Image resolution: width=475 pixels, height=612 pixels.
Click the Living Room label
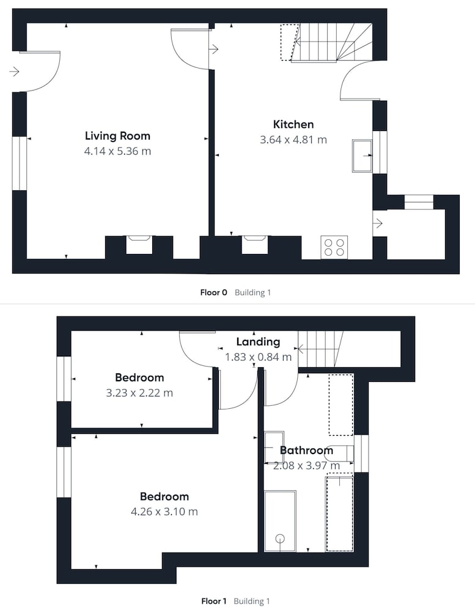[117, 136]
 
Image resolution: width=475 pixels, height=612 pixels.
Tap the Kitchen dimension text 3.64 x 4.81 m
[293, 140]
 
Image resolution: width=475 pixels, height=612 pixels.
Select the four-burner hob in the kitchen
[334, 247]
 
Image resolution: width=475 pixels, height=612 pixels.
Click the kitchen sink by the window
[363, 155]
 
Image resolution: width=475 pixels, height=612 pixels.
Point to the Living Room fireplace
[139, 244]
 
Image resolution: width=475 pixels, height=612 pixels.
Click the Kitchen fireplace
[255, 244]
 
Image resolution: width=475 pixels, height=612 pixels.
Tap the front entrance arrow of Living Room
[15, 72]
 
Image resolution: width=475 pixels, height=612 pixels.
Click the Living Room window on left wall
[20, 163]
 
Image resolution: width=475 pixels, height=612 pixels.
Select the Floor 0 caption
[213, 293]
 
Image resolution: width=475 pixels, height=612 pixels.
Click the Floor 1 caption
[214, 601]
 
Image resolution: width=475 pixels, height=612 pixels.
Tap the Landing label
[258, 342]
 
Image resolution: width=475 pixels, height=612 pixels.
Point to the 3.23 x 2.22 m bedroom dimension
[139, 393]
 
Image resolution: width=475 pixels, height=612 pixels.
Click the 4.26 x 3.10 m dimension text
[164, 511]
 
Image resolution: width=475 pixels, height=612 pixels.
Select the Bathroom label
[306, 450]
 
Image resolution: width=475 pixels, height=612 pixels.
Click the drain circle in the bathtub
[280, 539]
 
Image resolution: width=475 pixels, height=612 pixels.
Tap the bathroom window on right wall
[361, 453]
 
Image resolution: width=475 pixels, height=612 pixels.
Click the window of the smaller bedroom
[64, 379]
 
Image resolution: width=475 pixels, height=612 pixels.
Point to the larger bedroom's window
[64, 472]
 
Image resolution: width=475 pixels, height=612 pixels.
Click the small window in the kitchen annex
[419, 202]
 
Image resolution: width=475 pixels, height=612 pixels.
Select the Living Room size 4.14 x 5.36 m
[117, 151]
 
